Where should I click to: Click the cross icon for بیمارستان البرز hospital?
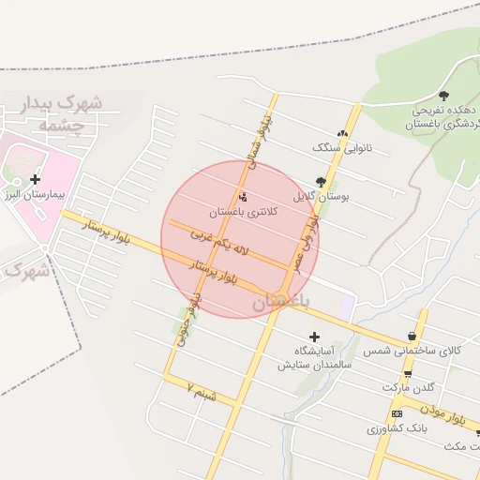pos(35,179)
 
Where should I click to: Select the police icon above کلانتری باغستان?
pos(245,197)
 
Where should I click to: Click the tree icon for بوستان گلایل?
pos(322,181)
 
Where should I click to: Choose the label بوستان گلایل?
pos(321,197)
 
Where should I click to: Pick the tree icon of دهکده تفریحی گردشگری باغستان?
pos(443,95)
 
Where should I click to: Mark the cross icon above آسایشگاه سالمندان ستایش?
pos(314,337)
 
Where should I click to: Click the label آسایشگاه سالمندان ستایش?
pos(315,357)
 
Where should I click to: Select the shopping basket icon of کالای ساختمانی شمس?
pos(412,337)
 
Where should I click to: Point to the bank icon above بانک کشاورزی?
pos(397,413)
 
